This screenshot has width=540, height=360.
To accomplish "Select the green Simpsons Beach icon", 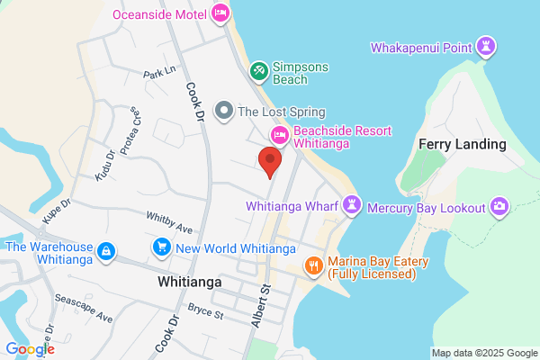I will [x=257, y=68].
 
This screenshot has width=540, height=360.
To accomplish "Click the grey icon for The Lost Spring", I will [x=222, y=112].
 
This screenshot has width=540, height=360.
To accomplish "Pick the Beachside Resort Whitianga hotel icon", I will [x=279, y=135].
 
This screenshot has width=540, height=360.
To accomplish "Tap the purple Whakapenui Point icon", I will [x=487, y=46].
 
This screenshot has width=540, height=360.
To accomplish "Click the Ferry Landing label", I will [x=463, y=145].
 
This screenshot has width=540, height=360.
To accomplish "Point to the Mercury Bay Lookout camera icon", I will [x=499, y=208].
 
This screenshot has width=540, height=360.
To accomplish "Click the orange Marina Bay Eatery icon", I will [x=313, y=265].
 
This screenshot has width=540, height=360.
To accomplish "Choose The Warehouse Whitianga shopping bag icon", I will [x=106, y=251].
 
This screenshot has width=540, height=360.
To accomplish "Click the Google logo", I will [x=30, y=349].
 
